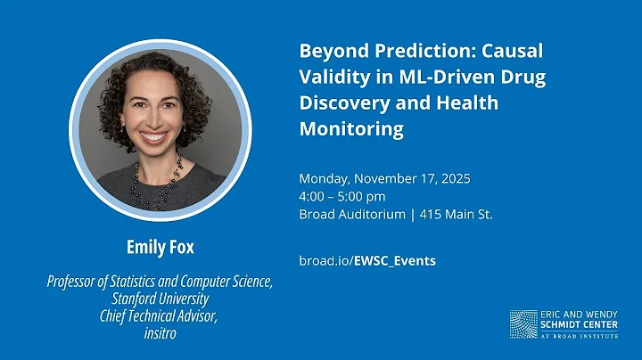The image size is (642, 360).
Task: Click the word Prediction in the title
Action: click(412, 50)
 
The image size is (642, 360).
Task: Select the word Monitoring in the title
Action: click(351, 130)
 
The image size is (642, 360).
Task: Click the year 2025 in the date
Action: click(454, 178)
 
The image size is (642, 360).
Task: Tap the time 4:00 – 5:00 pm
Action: click(342, 196)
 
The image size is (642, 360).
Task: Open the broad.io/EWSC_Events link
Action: click(367, 260)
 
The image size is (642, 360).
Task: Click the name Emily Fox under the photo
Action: click(160, 246)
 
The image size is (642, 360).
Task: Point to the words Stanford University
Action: click(160, 299)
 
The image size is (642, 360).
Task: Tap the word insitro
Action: click(160, 330)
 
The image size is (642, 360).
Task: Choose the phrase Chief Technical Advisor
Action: click(160, 315)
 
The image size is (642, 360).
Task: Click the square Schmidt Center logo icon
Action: click(523, 324)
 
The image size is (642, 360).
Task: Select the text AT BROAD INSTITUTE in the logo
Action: click(580, 338)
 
